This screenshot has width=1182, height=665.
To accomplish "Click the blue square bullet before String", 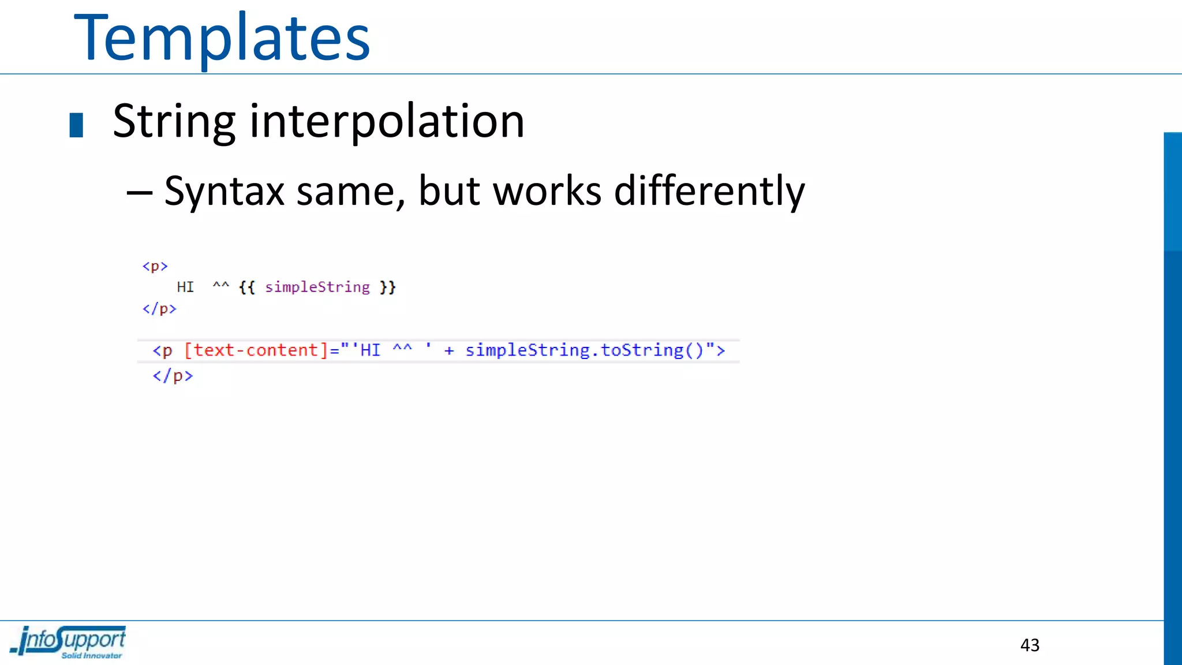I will (x=76, y=125).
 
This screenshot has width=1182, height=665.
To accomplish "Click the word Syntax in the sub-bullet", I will (x=225, y=191).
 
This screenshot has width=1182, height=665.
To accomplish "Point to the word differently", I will (x=709, y=191).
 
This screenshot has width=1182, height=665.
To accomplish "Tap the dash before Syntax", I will (x=139, y=192).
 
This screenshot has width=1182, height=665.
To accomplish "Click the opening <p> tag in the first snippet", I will (x=155, y=266).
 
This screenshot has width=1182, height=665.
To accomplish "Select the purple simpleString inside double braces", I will (x=317, y=287).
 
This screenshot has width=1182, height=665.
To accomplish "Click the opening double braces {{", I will (x=247, y=287).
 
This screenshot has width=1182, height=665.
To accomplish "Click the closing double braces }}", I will (x=387, y=287).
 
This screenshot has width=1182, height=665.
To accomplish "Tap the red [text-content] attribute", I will (x=256, y=350).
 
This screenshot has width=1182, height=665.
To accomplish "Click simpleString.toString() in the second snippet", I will (x=584, y=350).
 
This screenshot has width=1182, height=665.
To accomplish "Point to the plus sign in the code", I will (x=449, y=350).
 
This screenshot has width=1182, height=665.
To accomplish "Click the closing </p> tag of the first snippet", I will (x=159, y=309).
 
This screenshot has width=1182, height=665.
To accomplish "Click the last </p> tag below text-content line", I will (x=173, y=376).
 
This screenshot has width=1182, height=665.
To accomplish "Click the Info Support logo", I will (x=68, y=642).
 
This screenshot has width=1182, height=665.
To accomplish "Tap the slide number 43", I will (x=1030, y=645).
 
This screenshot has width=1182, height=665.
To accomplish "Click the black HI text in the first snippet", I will (x=185, y=287).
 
